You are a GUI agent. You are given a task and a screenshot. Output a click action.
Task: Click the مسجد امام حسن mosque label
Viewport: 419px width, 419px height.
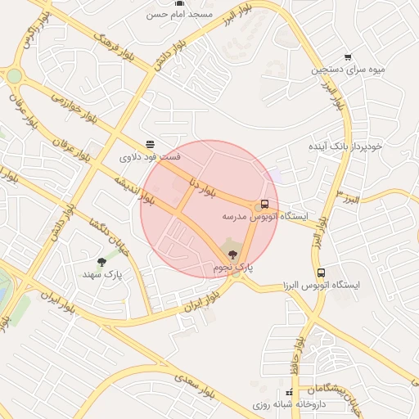[179, 15]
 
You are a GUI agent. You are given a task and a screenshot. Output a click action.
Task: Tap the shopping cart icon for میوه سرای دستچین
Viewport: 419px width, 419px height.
[348, 57]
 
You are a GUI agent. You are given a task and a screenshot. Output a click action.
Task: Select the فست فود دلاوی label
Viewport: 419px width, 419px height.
[151, 156]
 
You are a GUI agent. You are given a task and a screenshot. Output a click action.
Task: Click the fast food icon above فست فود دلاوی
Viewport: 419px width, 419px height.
[149, 143]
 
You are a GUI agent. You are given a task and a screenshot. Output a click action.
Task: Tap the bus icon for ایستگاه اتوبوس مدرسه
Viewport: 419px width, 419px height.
[264, 204]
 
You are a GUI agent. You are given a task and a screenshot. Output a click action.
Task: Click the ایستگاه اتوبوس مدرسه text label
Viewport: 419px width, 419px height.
[265, 218]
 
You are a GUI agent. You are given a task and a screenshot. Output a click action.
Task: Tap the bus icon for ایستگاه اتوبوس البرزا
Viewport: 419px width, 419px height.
[321, 272]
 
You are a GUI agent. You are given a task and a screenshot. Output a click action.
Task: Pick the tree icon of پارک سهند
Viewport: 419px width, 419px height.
[101, 263]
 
